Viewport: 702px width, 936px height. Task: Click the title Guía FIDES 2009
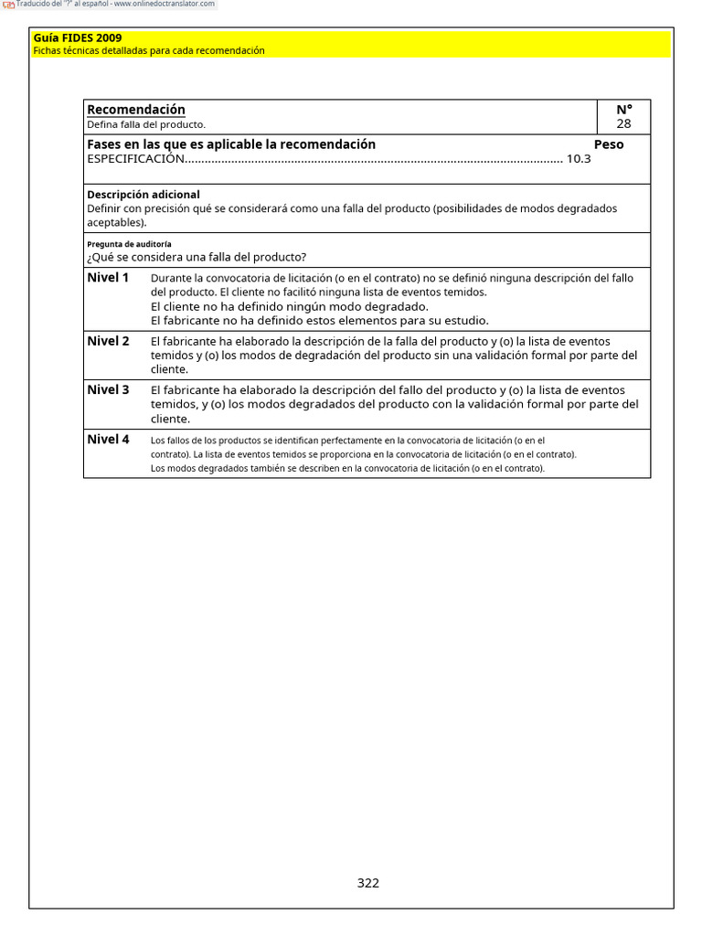click(x=78, y=38)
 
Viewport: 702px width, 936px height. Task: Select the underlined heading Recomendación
click(x=136, y=110)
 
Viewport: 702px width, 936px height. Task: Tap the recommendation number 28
click(x=623, y=124)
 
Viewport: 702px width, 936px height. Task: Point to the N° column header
click(x=623, y=110)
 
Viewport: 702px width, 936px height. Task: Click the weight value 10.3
click(x=579, y=159)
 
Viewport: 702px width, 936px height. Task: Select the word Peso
click(x=609, y=144)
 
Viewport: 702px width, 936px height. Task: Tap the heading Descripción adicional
click(x=144, y=195)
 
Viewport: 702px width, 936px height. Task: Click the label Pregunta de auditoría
click(x=129, y=244)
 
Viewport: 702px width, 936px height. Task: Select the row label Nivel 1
click(x=108, y=277)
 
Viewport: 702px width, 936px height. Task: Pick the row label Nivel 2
click(x=108, y=341)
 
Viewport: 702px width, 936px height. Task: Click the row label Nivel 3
click(x=108, y=389)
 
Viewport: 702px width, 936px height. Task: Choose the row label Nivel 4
click(x=108, y=439)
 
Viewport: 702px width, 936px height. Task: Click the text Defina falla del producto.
click(x=146, y=124)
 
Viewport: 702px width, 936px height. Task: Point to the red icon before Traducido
click(x=8, y=5)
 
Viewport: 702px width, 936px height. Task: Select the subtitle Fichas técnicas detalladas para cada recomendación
click(x=149, y=51)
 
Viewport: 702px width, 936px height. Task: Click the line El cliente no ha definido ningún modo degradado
click(x=290, y=306)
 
